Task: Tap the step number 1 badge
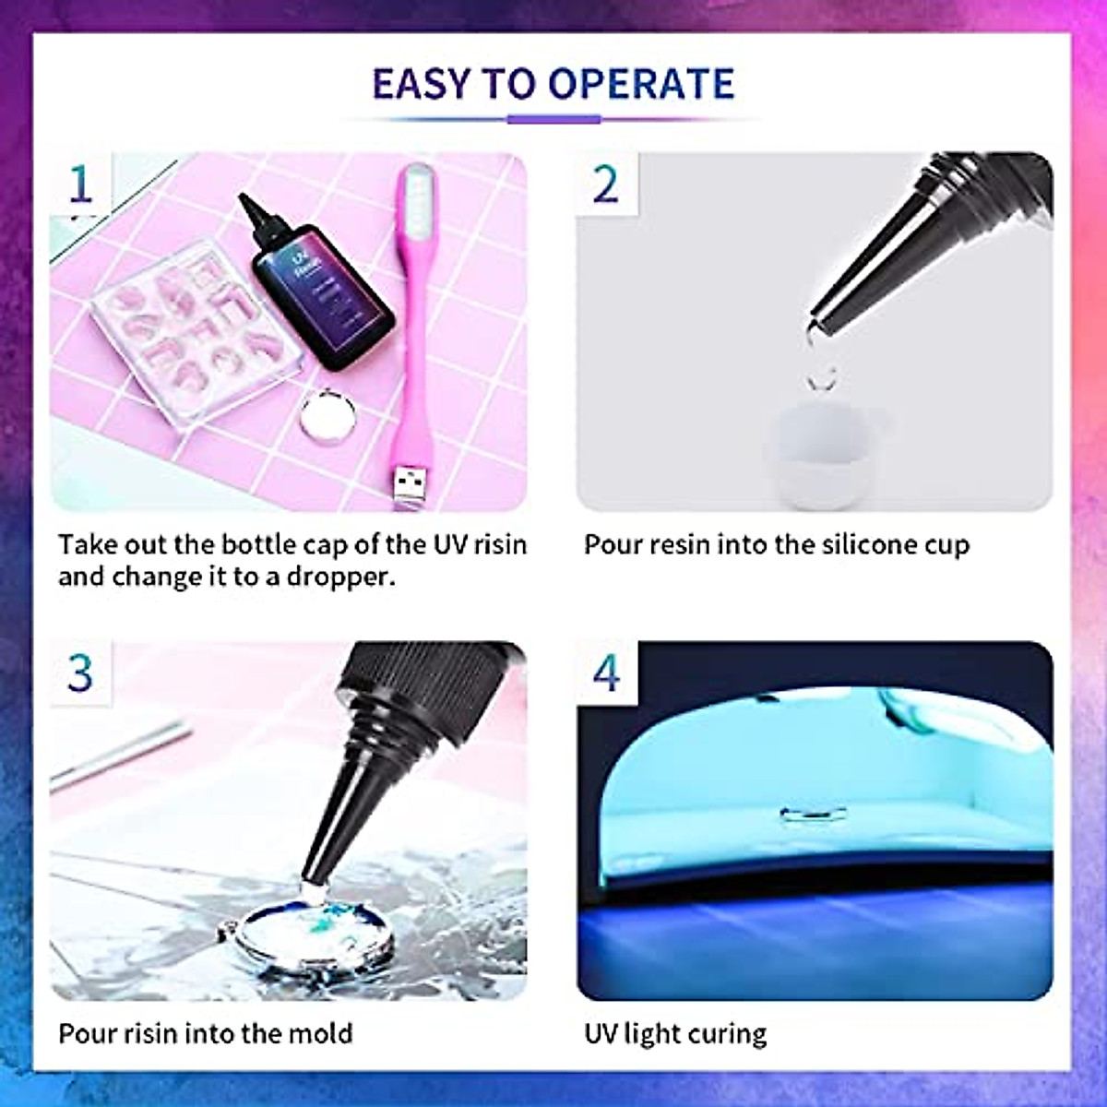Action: coord(81,184)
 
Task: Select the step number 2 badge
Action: coord(605,184)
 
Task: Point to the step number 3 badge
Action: coord(81,673)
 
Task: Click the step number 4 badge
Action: coord(606,673)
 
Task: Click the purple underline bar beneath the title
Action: coord(553,119)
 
